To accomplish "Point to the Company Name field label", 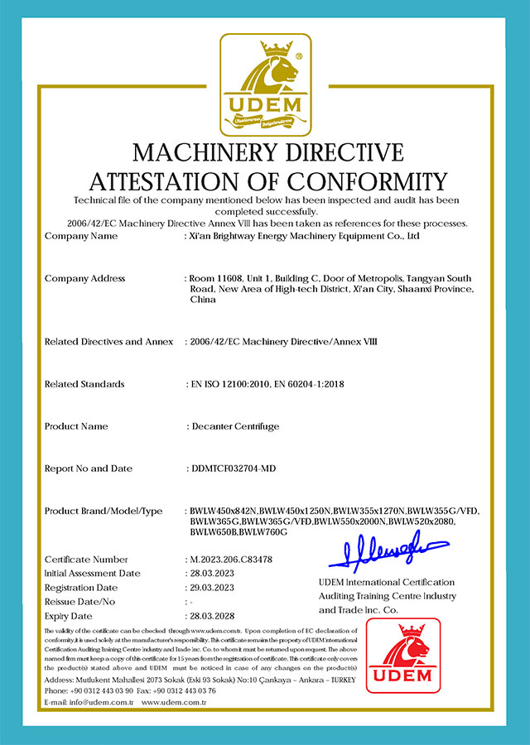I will tap(81, 236).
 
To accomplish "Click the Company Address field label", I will tap(84, 278).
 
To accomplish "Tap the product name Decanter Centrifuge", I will tap(234, 426).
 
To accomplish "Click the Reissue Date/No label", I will tap(81, 602).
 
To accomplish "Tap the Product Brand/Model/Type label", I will tap(104, 511).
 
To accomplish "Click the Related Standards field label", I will tap(84, 384).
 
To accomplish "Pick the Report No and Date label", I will tap(88, 469).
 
